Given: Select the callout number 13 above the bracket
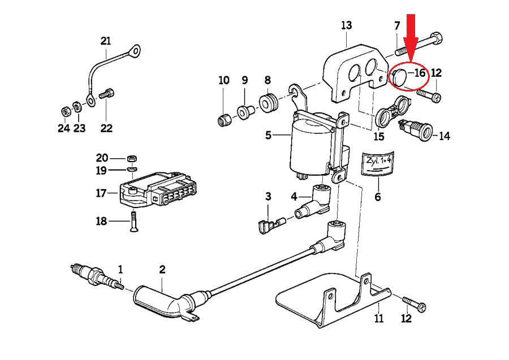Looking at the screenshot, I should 346,25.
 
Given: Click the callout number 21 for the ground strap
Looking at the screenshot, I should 106,41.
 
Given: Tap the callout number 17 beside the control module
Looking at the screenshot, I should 101,193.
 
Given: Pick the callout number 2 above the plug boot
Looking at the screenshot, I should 162,270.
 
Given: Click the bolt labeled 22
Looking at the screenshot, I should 106,94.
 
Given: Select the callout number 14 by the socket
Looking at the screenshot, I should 445,136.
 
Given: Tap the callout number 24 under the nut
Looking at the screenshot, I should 64,128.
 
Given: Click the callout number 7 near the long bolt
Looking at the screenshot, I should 397,25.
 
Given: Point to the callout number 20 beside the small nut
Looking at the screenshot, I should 101,157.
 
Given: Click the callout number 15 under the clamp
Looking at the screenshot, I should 377,136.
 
